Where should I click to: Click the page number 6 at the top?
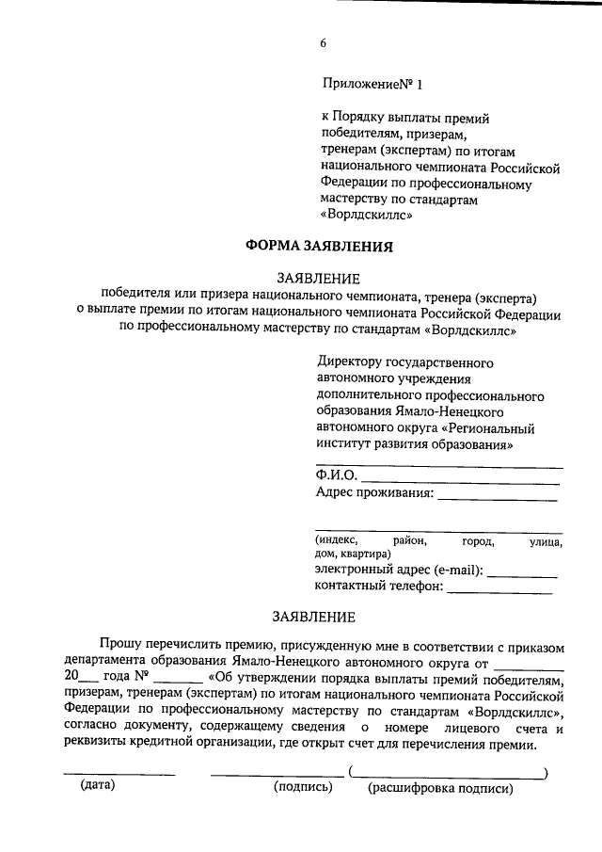point(323,43)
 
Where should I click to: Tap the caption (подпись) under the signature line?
point(303,787)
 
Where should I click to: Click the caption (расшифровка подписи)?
point(440,787)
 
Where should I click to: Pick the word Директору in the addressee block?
point(348,362)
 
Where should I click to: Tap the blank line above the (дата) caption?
point(119,773)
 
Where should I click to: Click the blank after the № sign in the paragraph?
point(176,680)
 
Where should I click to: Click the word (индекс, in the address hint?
point(337,540)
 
